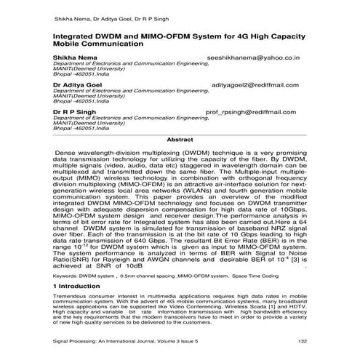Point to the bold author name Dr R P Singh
(74, 113)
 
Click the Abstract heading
(180, 139)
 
